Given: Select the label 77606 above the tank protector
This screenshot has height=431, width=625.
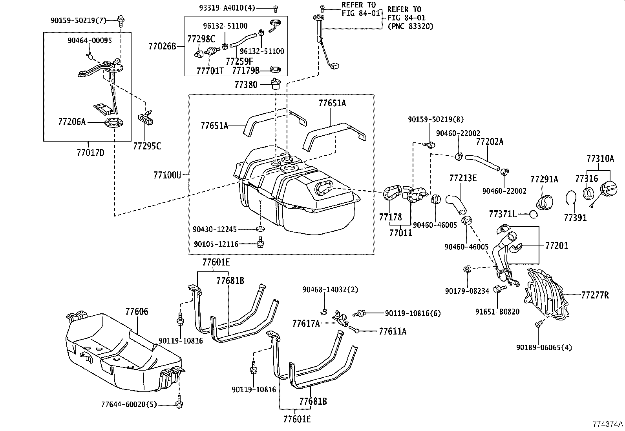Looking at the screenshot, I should pos(137,312).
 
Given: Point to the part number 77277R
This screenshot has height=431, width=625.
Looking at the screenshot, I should pos(594,295).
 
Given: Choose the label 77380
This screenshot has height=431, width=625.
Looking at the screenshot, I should pos(246,84).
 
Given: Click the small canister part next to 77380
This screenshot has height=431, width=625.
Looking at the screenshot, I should pos(276,84).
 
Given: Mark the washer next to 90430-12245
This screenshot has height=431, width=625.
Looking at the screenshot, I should pos(260,229).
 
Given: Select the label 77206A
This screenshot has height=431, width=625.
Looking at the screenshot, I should pos(71,122).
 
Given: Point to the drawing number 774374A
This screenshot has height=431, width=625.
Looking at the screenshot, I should pos(608,424).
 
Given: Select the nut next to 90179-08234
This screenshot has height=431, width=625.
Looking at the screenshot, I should pos(468,269).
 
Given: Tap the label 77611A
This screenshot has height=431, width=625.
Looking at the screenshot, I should pos(392,331).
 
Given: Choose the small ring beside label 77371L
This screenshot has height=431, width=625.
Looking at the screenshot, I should pos(533,214).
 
